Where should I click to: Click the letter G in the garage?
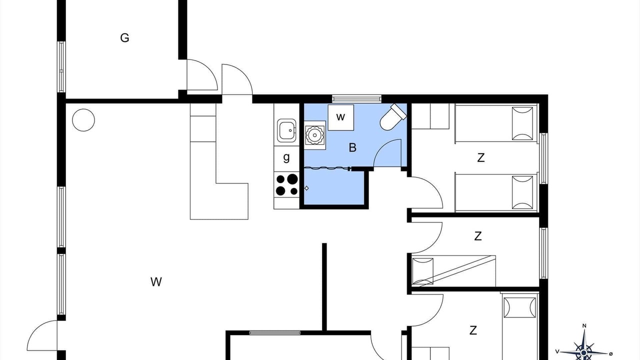coord(124,37)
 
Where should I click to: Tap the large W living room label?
coord(156,282)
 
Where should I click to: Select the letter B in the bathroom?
coord(352,147)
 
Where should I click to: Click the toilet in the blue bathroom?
coord(393,117)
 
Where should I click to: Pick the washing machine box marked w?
coord(341,117)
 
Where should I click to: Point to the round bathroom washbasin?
coord(314,135)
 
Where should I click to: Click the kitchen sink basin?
coord(286,130)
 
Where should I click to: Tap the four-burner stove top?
coord(286,184)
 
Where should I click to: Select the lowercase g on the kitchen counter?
coord(286,157)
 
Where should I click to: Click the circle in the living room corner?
coord(83,120)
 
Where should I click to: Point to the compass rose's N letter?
coord(584,325)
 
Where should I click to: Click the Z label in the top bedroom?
coord(481,157)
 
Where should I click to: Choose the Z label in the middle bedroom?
coord(477,236)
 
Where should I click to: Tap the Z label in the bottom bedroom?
coord(473,330)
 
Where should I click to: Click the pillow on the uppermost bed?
coord(522,123)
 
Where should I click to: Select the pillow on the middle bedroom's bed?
coord(423,271)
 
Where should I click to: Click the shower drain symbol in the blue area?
coord(306,188)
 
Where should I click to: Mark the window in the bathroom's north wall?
coord(356,99)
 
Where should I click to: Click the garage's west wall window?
coord(61,67)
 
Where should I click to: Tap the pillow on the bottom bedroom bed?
coord(519,307)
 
